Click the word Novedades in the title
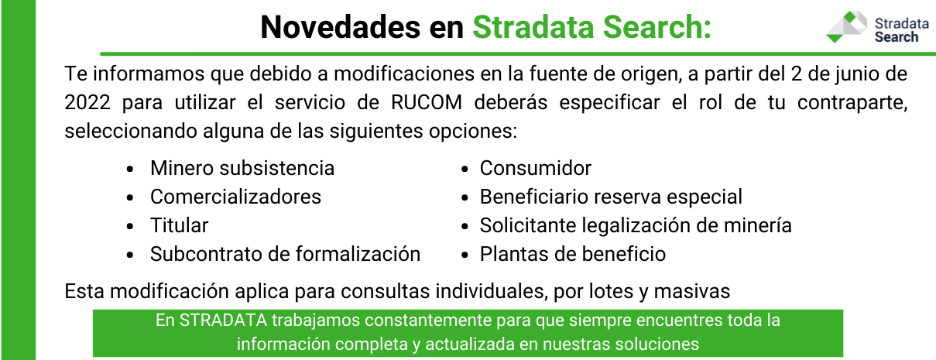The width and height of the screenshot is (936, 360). (340, 27)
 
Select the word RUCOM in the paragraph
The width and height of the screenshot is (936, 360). (427, 102)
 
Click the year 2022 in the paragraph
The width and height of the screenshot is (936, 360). (87, 102)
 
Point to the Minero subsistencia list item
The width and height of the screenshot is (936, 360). (242, 168)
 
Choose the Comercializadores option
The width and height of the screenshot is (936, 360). (235, 197)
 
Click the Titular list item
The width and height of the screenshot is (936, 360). (180, 225)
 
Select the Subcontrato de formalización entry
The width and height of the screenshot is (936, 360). (286, 254)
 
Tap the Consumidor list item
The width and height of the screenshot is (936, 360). (536, 168)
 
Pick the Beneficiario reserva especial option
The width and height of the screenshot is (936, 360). (611, 197)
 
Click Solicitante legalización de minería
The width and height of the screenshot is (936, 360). (636, 225)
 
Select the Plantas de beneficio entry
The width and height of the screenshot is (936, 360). (573, 254)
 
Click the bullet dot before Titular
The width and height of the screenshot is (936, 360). (130, 226)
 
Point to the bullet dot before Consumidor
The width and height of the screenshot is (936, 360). (465, 169)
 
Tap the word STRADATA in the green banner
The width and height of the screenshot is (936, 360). (223, 321)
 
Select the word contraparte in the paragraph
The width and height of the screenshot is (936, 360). (852, 103)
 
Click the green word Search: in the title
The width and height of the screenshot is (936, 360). (657, 27)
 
